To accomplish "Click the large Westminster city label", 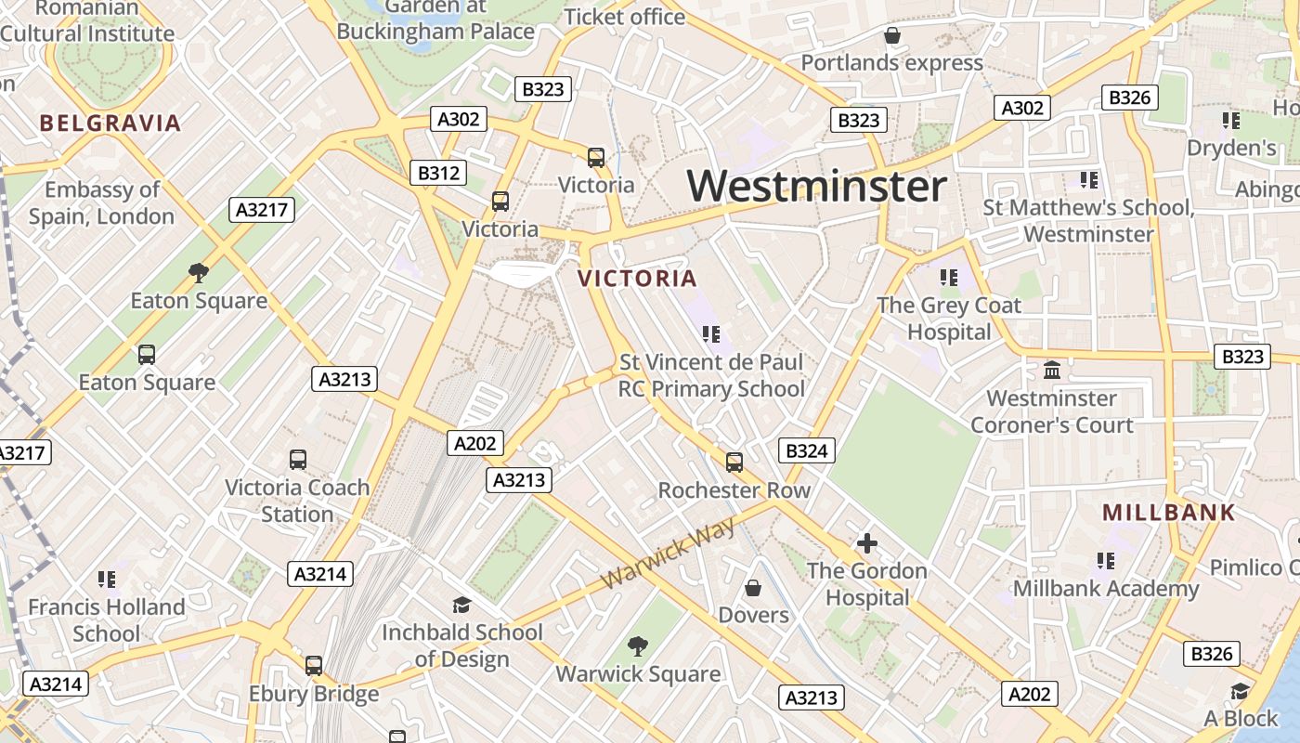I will (817, 186).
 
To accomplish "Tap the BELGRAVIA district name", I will (110, 123).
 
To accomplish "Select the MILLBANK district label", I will (1169, 512).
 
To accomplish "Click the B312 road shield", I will (438, 173).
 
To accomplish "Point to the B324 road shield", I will (806, 451).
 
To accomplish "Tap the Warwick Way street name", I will (669, 554).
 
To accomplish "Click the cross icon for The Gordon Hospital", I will (867, 543).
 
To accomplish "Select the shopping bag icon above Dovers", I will (753, 588).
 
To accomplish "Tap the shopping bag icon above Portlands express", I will (892, 35).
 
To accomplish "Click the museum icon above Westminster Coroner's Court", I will (1052, 371).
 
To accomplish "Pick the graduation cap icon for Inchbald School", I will (461, 606).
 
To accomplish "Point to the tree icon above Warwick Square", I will (638, 646).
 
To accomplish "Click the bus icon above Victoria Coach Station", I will (298, 460).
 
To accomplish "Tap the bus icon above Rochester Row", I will (734, 462).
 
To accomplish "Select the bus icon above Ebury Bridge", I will (314, 666).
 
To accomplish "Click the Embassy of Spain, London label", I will (102, 202).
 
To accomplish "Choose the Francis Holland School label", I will (106, 620).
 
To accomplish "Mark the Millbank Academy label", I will (1106, 589).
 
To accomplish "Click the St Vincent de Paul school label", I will (712, 375).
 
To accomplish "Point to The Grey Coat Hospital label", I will (949, 319).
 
